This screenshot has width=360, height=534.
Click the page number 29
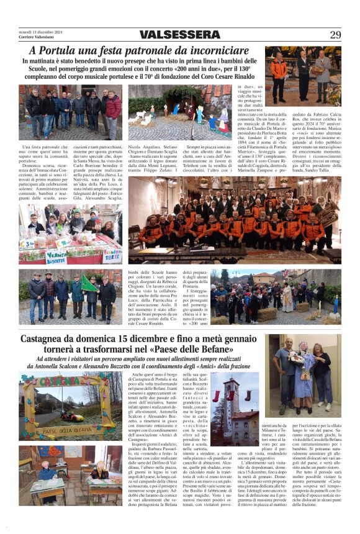point(335,35)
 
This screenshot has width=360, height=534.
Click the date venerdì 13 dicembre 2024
point(39,31)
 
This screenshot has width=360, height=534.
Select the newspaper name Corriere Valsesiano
point(37,37)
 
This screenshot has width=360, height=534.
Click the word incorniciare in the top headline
point(214,51)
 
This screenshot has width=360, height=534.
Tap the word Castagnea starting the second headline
point(47,339)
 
